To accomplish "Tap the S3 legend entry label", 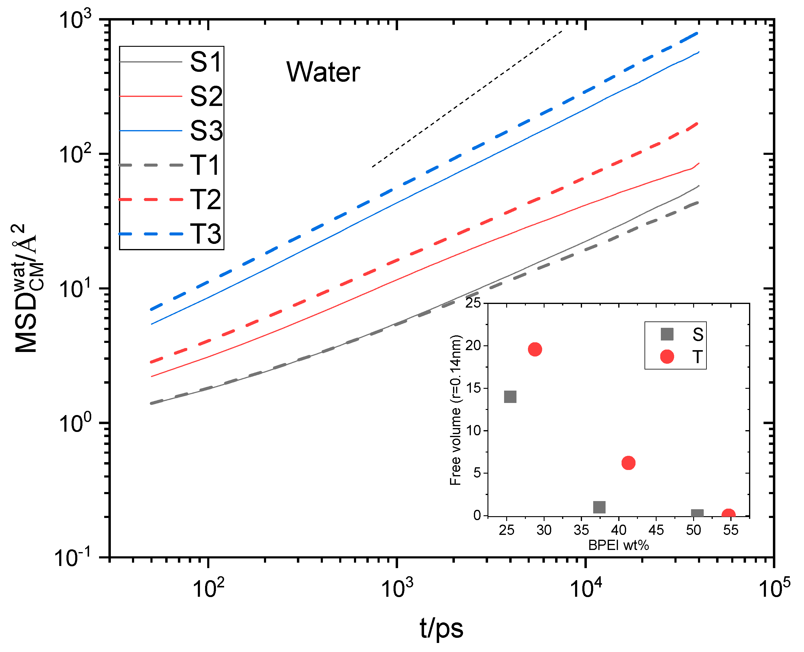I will tap(206, 131).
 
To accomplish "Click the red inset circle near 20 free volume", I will tap(535, 349).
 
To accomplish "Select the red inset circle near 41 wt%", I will tap(628, 463).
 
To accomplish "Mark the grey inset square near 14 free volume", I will tap(510, 397).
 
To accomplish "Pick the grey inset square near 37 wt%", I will tap(599, 507).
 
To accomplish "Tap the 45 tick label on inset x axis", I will tap(656, 530).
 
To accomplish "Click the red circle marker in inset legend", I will tap(667, 356).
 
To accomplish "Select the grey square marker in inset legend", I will tap(667, 334).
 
